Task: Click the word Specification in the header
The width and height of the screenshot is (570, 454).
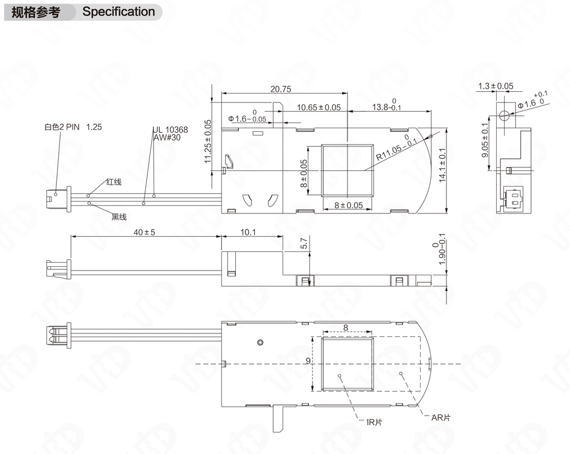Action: point(118,11)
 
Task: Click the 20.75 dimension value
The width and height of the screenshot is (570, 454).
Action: point(280,89)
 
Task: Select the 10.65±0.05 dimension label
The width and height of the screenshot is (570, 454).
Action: point(319,107)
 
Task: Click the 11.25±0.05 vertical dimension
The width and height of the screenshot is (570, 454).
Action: point(208,141)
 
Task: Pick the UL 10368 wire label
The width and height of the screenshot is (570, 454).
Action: point(170,130)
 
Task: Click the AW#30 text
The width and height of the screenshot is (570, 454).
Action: point(167,137)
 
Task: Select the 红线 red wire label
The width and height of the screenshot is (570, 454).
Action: point(113,182)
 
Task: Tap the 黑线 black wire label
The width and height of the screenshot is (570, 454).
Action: point(119,217)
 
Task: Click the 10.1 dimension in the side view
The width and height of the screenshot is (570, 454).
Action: point(248,233)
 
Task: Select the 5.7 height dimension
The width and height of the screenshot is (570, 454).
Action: point(304,243)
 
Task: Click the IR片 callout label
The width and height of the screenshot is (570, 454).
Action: point(374,422)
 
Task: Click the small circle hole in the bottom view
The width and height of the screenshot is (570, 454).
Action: point(260,342)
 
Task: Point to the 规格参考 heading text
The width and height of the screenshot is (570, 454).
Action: point(36,11)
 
